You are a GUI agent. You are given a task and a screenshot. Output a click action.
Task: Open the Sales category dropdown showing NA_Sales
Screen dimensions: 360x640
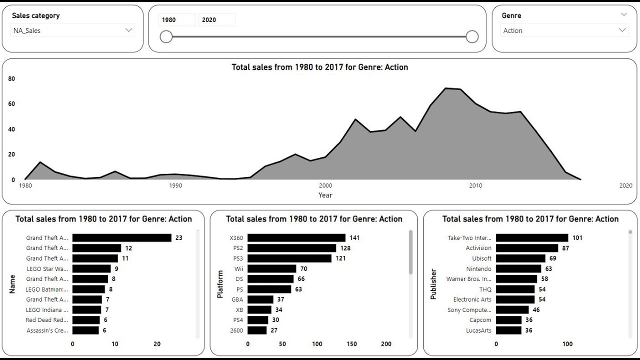click(72, 30)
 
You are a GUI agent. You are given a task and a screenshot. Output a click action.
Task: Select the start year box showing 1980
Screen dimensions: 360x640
click(176, 20)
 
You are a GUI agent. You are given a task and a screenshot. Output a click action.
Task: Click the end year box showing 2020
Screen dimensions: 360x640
click(217, 20)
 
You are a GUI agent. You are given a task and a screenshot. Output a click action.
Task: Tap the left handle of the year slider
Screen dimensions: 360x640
click(166, 36)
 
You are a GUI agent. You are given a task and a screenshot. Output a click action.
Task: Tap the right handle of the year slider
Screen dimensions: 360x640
click(472, 36)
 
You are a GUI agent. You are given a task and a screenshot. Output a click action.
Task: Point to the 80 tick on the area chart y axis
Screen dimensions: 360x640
click(11, 78)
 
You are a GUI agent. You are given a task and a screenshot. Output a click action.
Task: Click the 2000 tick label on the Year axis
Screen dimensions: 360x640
click(325, 185)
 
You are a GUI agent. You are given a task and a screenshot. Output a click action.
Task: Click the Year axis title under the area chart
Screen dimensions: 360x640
click(325, 195)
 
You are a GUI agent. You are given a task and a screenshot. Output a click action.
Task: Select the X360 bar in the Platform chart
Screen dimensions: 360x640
click(296, 238)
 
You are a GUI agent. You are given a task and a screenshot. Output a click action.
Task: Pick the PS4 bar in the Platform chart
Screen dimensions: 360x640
click(257, 320)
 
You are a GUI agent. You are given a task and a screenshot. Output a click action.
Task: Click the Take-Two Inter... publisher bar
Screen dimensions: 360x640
click(531, 238)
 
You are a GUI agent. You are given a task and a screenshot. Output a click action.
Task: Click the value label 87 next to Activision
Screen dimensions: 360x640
click(565, 248)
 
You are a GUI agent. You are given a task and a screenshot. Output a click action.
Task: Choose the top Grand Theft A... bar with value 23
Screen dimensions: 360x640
click(121, 238)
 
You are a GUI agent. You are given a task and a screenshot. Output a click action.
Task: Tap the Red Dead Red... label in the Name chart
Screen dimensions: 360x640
click(47, 320)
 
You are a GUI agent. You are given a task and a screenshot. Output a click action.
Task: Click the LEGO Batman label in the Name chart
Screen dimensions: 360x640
click(47, 289)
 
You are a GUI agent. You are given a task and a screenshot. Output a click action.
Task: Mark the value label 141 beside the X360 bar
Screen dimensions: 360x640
click(354, 238)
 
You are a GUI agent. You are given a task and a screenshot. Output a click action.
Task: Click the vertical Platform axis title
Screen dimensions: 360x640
click(220, 284)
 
